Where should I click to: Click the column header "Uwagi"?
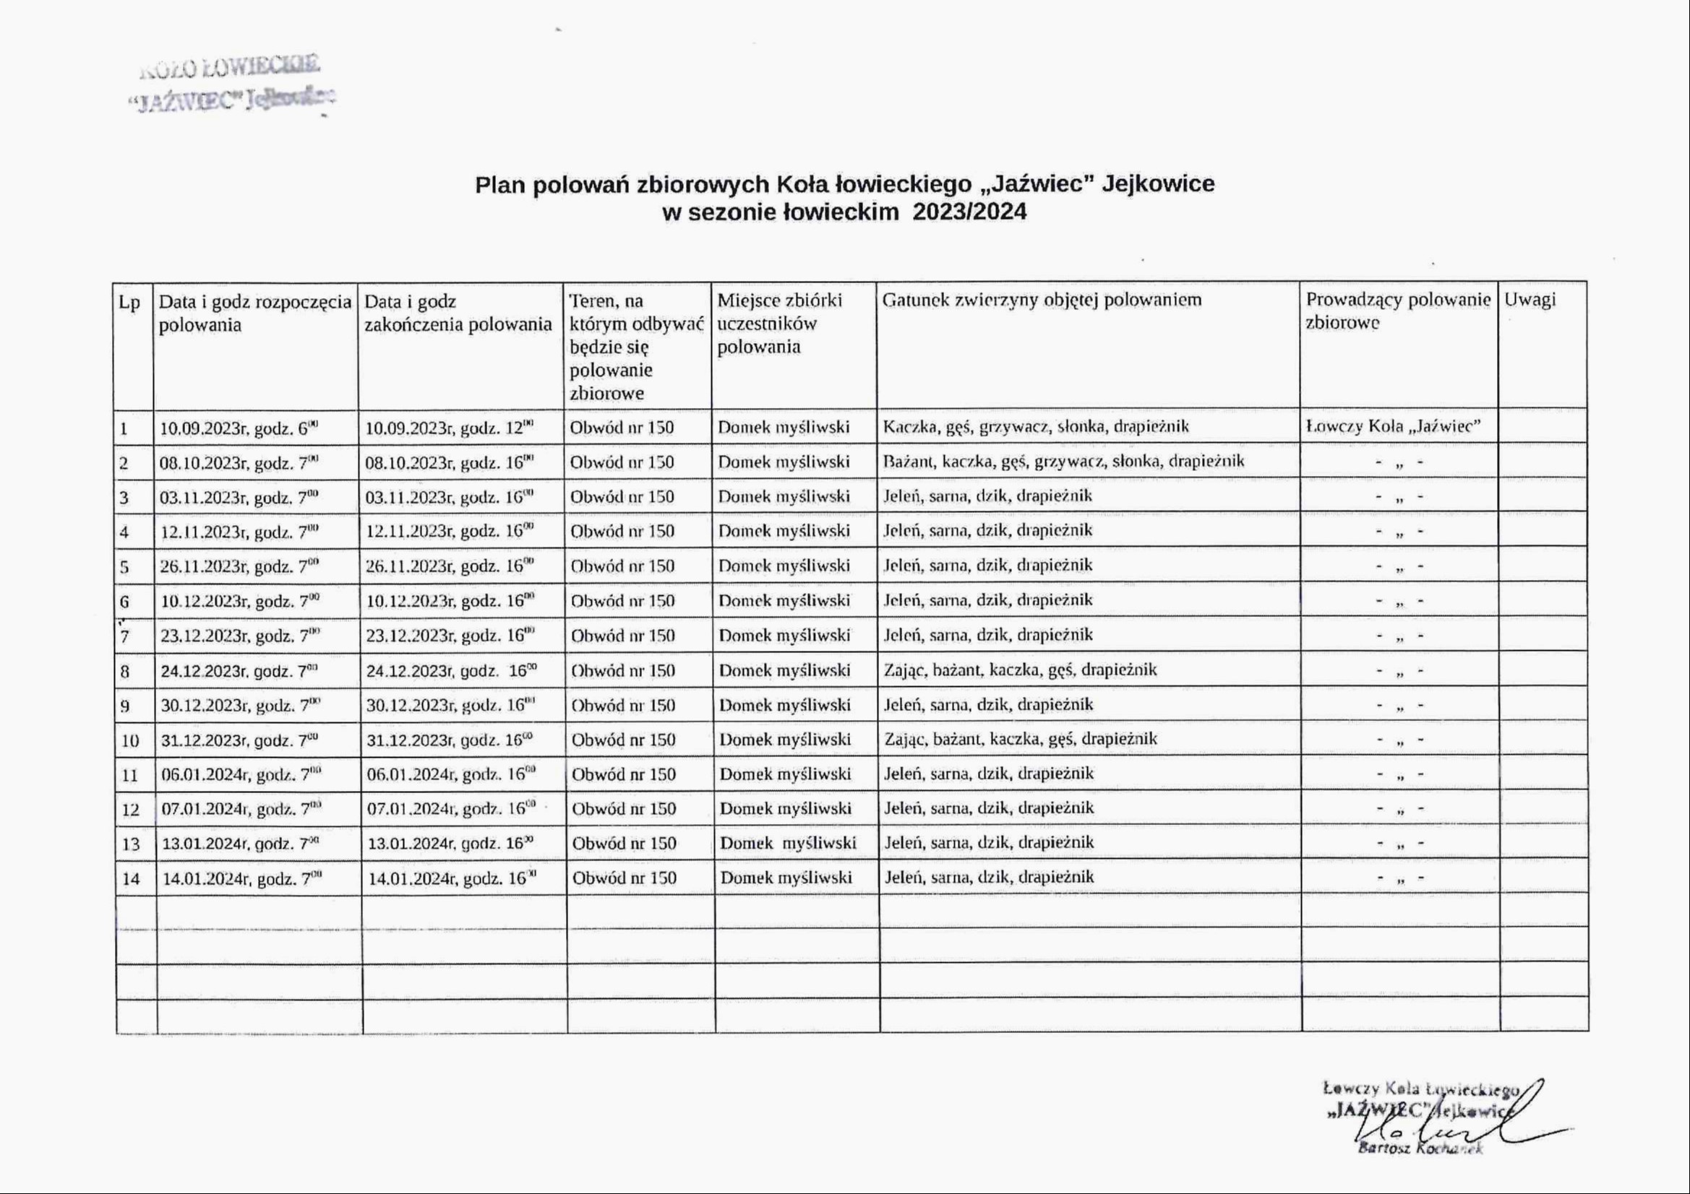coord(1530,300)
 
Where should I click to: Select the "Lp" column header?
coord(129,303)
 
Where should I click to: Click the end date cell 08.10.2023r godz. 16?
coord(450,462)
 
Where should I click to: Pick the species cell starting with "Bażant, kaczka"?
coord(1063,462)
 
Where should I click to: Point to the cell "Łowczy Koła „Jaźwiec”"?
coord(1393,427)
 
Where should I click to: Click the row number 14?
coord(131,878)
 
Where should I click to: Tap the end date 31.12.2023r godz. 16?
coord(450,740)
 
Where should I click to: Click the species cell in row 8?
coord(1020,670)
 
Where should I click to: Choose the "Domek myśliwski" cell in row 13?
coord(788,843)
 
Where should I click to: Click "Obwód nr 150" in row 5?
coord(622,566)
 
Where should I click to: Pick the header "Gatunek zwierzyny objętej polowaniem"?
coord(1042,300)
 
